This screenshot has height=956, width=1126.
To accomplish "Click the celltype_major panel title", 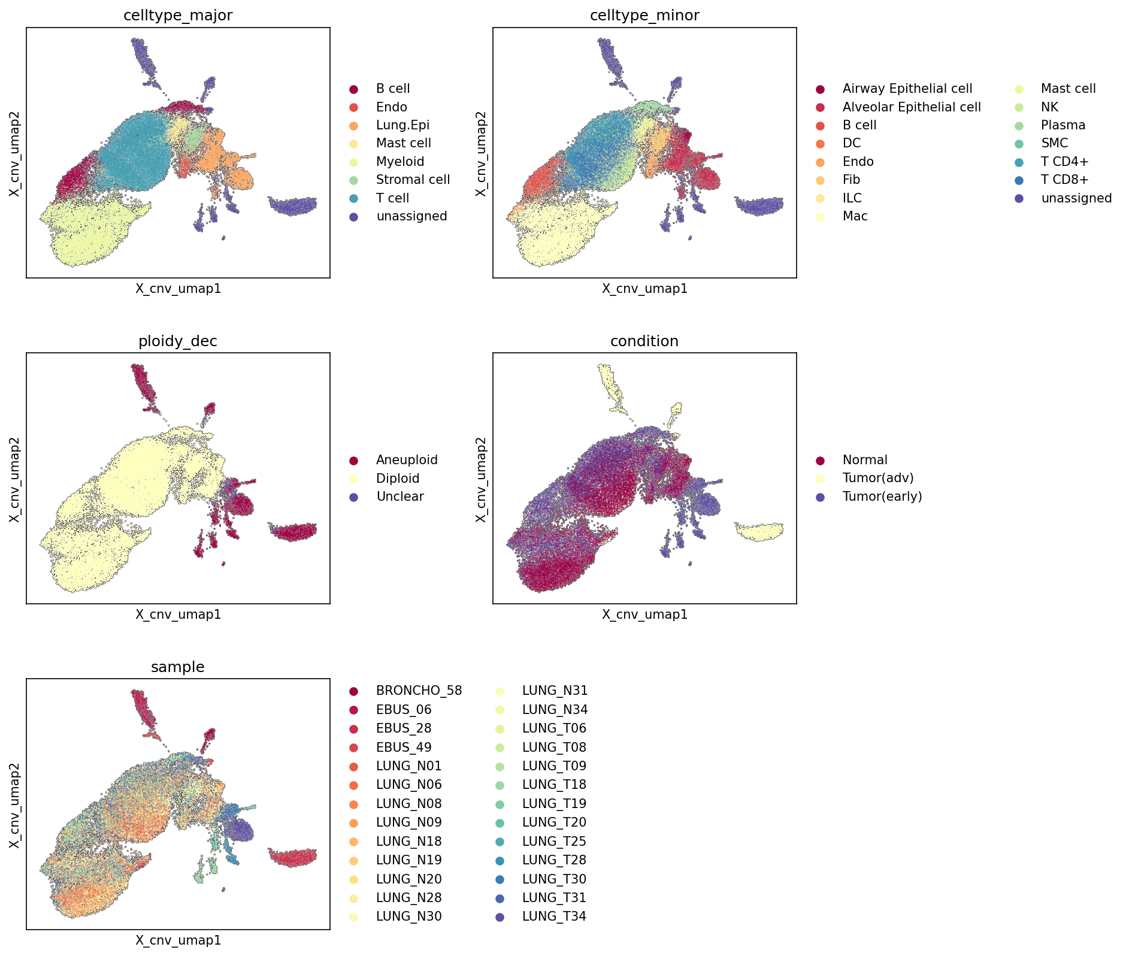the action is pos(178,16).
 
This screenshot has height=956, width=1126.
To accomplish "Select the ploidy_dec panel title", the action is pos(178,341).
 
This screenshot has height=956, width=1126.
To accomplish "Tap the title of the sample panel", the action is pos(178,667).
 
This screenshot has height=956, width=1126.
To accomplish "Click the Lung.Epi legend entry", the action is pos(402,125).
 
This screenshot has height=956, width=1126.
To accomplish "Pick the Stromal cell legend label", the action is pos(413,180).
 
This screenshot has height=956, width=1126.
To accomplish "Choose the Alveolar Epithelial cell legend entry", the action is pos(912,107).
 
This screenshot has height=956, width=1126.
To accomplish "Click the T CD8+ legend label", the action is pos(1065,180).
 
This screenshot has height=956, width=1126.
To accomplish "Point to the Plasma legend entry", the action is pos(1063,125).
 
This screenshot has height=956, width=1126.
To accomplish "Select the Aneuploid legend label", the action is pos(407,460).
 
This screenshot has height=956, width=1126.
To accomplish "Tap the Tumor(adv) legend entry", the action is pos(878,478).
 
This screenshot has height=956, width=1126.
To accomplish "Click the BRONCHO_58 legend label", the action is pos(419,691).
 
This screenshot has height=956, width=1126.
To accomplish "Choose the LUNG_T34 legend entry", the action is pos(554,916).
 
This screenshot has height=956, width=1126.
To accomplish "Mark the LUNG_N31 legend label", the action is pos(555,691).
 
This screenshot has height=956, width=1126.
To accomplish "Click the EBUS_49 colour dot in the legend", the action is pos(354,748).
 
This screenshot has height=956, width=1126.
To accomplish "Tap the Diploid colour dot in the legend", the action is pos(354,479).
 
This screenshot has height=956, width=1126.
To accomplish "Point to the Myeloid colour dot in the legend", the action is pos(354,162).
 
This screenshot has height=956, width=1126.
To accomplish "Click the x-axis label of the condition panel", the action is pos(644,614).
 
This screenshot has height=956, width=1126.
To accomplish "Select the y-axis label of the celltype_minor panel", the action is pos(480,153).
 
